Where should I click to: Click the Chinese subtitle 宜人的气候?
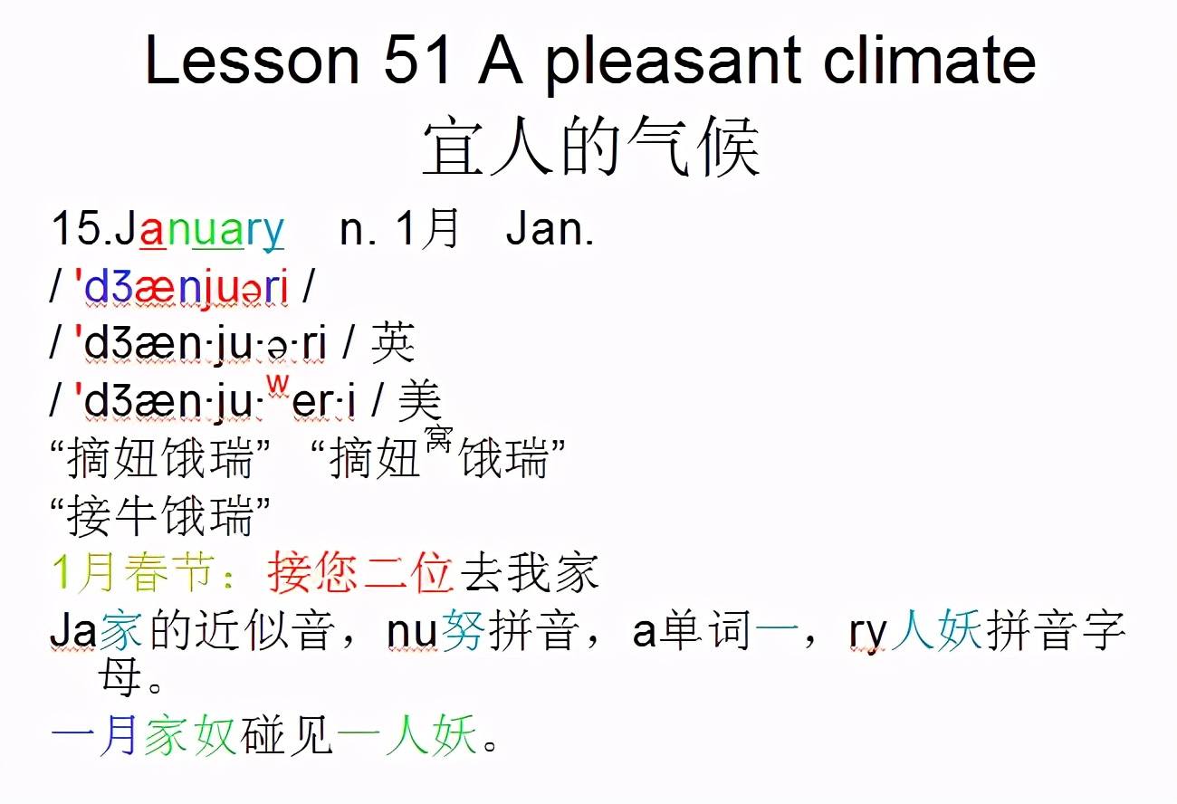pyautogui.click(x=590, y=149)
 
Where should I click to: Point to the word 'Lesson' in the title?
pyautogui.click(x=252, y=61)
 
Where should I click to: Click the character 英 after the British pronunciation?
pyautogui.click(x=393, y=344)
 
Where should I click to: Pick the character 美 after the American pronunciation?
pyautogui.click(x=420, y=400)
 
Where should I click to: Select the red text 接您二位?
pyautogui.click(x=360, y=574)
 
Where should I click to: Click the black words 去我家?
pyautogui.click(x=530, y=574)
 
